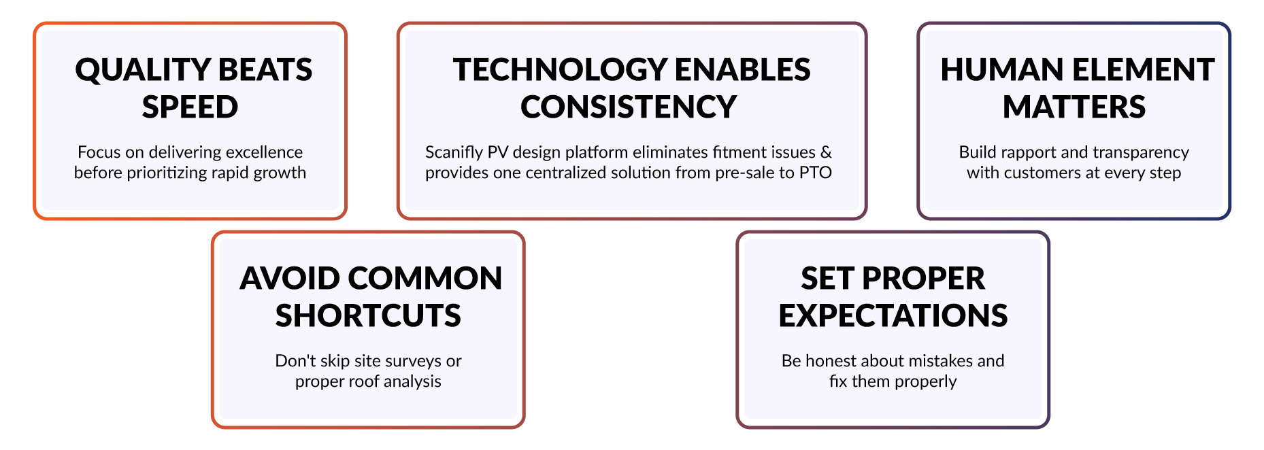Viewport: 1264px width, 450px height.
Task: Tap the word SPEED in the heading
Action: (190, 107)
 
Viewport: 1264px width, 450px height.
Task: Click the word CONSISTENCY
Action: (629, 107)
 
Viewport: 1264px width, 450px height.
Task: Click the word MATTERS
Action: (1074, 107)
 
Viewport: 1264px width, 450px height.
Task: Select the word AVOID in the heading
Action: (290, 279)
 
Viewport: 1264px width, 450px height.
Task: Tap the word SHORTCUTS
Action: (368, 316)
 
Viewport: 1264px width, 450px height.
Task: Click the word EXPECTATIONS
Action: (893, 316)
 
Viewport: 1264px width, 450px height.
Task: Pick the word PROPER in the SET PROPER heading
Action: (922, 279)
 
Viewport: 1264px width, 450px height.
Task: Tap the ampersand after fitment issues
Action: (825, 152)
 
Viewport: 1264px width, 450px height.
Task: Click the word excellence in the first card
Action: (264, 152)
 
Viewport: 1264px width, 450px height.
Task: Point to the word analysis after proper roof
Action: (413, 382)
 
